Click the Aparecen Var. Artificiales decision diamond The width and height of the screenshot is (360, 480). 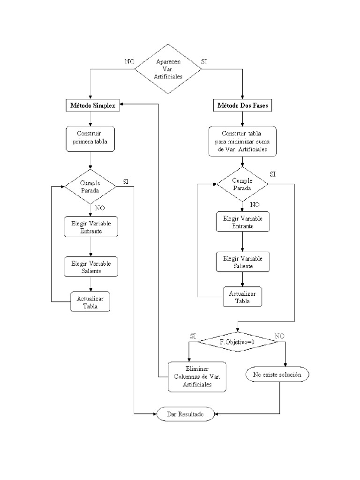(169, 69)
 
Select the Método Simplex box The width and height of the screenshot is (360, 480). (90, 105)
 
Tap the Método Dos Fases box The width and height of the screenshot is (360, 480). (242, 105)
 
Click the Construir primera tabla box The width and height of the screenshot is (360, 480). (90, 138)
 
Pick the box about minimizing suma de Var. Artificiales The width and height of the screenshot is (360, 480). (242, 141)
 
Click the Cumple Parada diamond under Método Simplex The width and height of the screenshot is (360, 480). (90, 187)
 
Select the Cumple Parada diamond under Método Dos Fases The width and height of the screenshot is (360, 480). (242, 184)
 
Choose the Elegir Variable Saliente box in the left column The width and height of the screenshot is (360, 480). (90, 266)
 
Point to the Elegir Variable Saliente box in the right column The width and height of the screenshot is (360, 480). (242, 262)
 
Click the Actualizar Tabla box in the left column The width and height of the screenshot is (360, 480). (90, 302)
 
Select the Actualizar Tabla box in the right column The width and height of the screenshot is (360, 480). (242, 297)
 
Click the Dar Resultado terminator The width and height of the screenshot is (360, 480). (186, 414)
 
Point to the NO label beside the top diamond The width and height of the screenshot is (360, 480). (129, 61)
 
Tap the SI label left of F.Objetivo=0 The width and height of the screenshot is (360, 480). (193, 336)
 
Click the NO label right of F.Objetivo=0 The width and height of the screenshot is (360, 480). (278, 336)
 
